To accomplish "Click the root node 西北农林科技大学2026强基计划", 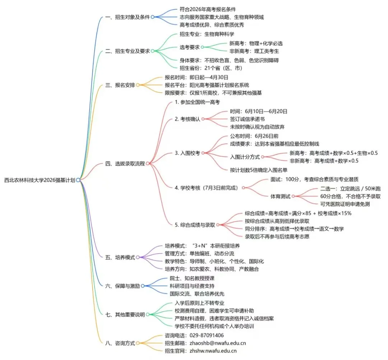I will (x=40, y=180).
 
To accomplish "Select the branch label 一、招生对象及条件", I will (x=128, y=17).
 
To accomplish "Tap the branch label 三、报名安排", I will (x=120, y=85).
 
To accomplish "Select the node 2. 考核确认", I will (x=187, y=119).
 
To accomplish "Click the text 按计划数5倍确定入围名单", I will (x=258, y=170).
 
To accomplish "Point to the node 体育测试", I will (x=280, y=196).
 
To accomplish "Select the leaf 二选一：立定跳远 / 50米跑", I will (x=350, y=188).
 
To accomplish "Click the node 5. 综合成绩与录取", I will (x=195, y=225).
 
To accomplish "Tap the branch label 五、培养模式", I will (x=120, y=257).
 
